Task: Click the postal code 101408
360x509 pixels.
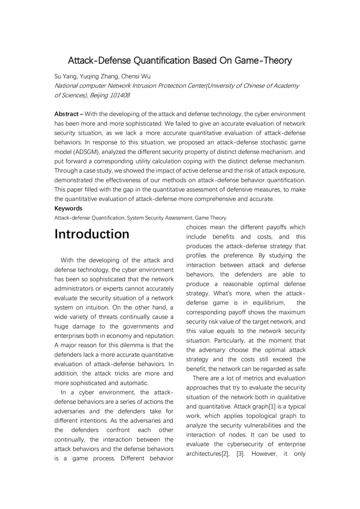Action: click(x=119, y=95)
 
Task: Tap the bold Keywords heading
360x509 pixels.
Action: click(x=68, y=209)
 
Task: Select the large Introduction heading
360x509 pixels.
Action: click(x=92, y=234)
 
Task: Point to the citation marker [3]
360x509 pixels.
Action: click(x=239, y=454)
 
